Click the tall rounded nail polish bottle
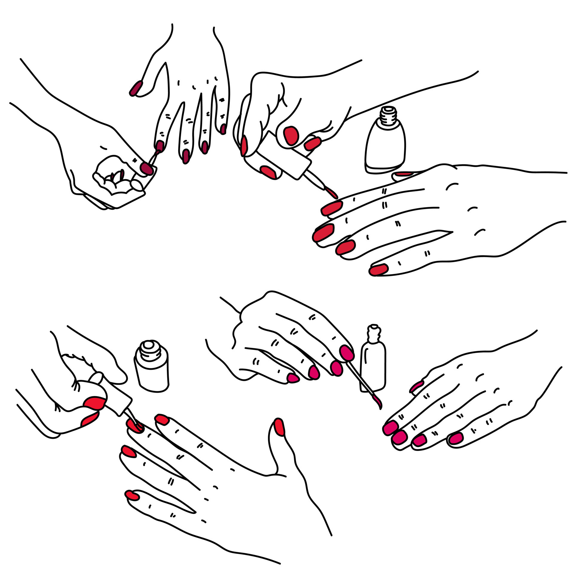point(385,146)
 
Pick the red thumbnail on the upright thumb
point(279,427)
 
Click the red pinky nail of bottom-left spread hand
point(132,495)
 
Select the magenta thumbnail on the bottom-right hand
point(416,387)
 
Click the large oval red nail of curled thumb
point(291,135)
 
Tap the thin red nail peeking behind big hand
point(404,174)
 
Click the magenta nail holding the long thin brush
point(346,353)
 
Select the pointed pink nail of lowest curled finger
point(293,378)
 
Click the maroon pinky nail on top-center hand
point(223,129)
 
